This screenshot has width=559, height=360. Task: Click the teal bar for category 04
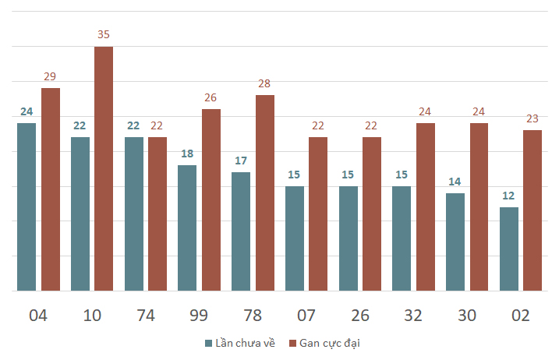click(x=27, y=206)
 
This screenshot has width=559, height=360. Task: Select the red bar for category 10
click(x=104, y=168)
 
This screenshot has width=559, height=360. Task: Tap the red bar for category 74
click(x=157, y=214)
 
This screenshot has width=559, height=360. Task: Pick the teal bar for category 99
click(x=187, y=228)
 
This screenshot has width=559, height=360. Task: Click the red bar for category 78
click(x=265, y=192)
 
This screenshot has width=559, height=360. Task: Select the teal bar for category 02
click(x=508, y=249)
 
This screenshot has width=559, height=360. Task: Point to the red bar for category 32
click(x=425, y=206)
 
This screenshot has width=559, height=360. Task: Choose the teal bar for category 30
click(x=455, y=242)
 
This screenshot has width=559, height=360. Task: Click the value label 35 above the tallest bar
click(x=104, y=35)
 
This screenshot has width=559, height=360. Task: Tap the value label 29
click(x=50, y=76)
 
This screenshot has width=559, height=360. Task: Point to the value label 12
click(x=508, y=196)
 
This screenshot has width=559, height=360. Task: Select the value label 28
click(x=265, y=83)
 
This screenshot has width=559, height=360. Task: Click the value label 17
click(x=241, y=161)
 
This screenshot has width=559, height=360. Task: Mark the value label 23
click(x=532, y=118)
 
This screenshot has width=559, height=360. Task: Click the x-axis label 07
click(x=306, y=316)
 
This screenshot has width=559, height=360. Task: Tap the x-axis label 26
click(x=359, y=316)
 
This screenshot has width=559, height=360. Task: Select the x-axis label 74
click(x=146, y=316)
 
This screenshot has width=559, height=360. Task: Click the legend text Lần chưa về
click(x=245, y=343)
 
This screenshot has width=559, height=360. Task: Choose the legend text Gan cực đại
click(x=330, y=343)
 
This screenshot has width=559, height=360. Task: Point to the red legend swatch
click(x=292, y=343)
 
